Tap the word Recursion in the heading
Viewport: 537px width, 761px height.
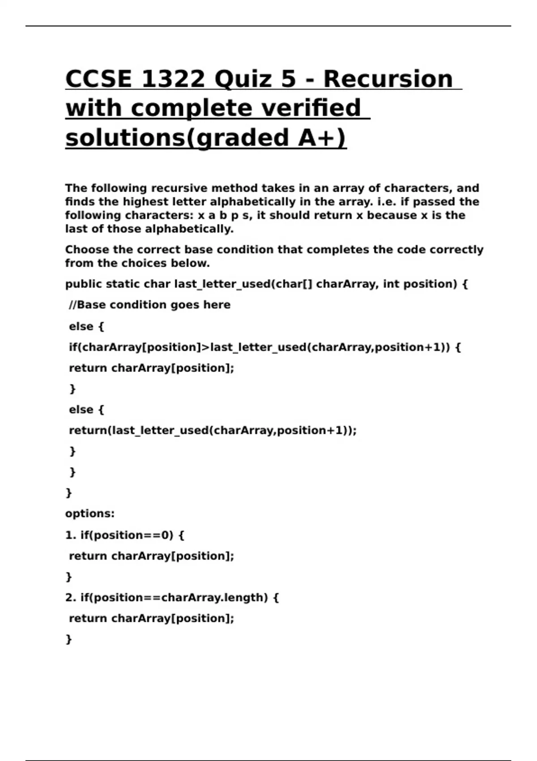click(x=388, y=79)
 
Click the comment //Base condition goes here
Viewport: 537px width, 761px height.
click(x=149, y=305)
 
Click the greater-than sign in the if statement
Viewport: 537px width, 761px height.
click(x=206, y=347)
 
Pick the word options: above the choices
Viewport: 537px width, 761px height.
click(x=90, y=513)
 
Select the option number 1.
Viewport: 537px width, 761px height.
click(x=70, y=535)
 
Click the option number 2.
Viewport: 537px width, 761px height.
click(x=70, y=598)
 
